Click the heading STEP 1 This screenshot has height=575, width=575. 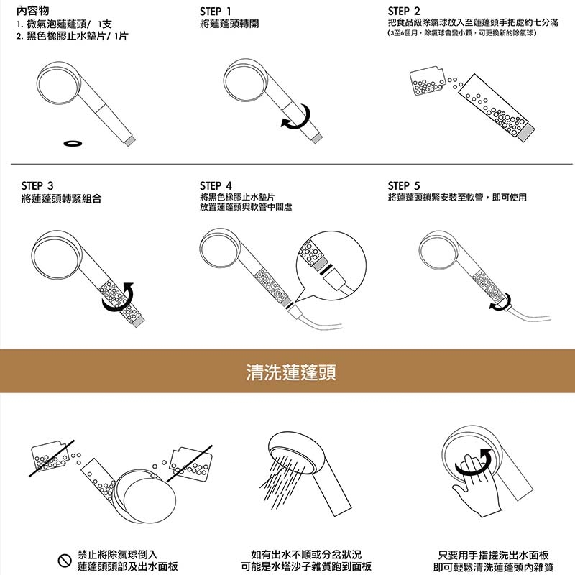(216, 11)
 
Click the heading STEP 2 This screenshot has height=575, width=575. (403, 11)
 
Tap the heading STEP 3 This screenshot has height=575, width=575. (37, 185)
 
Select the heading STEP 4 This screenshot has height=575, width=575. (216, 185)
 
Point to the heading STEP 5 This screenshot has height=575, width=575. (403, 185)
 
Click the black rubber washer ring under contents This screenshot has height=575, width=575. (72, 143)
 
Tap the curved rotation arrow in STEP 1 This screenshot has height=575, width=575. (296, 118)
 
